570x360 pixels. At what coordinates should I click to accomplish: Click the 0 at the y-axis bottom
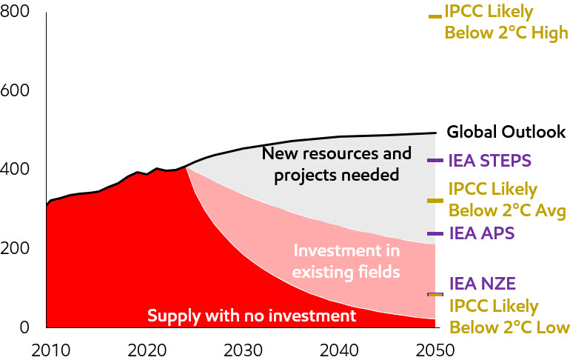pos(25,327)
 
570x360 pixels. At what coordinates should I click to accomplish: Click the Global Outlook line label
pos(506,133)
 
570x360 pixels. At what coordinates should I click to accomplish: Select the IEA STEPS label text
pos(490,160)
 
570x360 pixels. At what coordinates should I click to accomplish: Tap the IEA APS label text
pos(481,234)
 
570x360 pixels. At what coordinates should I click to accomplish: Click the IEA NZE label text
pos(482,283)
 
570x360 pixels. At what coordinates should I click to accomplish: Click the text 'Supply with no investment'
pos(252,316)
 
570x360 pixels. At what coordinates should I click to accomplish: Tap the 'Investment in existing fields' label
pos(346,261)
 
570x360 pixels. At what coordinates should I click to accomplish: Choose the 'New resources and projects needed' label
pos(337,164)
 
